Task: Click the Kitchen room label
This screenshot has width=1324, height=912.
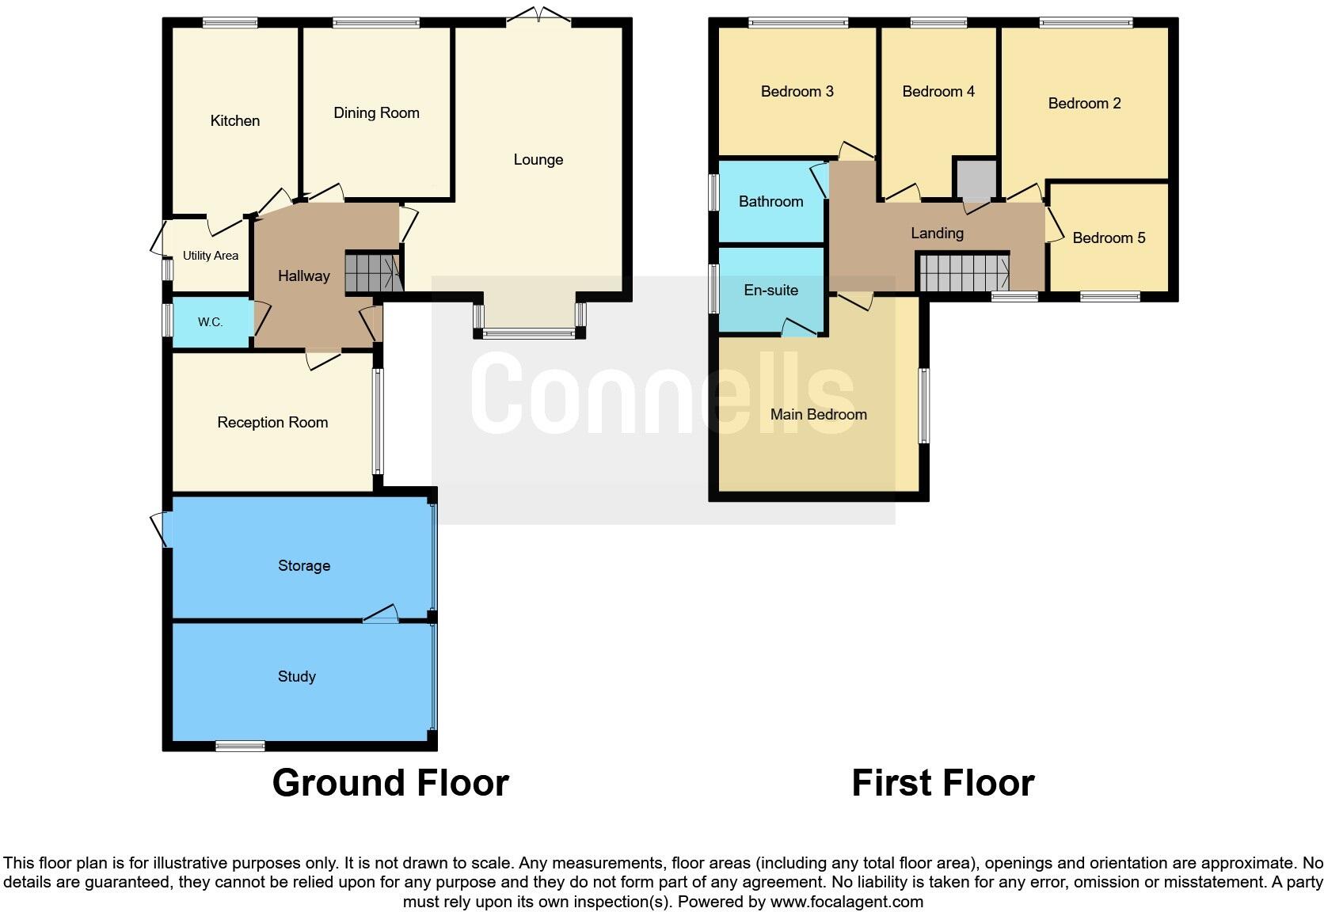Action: click(235, 121)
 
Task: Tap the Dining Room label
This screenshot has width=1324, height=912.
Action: click(376, 113)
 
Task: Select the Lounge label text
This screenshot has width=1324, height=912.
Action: click(538, 160)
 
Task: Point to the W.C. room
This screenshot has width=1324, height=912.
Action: click(211, 322)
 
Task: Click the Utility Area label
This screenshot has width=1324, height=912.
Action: click(211, 256)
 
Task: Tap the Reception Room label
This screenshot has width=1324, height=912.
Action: click(272, 423)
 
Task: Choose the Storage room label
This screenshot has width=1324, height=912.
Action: click(304, 565)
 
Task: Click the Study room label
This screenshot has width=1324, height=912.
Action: click(297, 676)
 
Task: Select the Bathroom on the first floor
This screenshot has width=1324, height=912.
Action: click(770, 202)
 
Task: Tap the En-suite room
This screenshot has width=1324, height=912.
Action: click(770, 291)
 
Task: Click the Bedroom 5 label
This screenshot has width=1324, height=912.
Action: click(1109, 238)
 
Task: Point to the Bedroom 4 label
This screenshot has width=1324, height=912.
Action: click(938, 92)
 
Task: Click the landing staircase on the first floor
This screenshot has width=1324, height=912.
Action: click(963, 272)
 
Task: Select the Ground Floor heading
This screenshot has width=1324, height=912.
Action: click(390, 783)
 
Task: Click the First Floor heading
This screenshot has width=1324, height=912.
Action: click(942, 783)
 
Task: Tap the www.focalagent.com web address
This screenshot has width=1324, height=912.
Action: click(847, 902)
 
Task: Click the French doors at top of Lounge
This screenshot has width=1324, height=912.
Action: click(538, 16)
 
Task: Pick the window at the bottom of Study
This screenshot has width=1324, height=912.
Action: click(241, 745)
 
